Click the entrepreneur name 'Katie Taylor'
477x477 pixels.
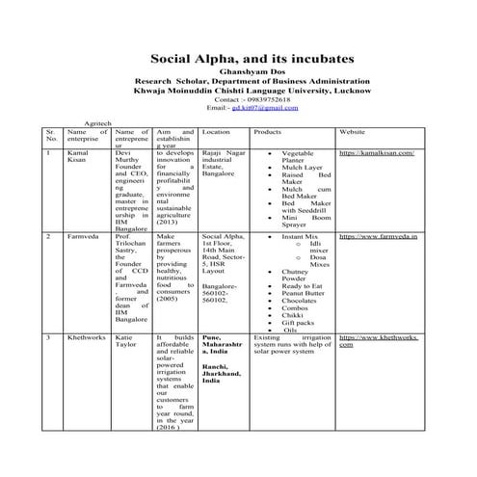coord(123,344)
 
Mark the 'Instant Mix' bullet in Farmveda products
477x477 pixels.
coord(300,235)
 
